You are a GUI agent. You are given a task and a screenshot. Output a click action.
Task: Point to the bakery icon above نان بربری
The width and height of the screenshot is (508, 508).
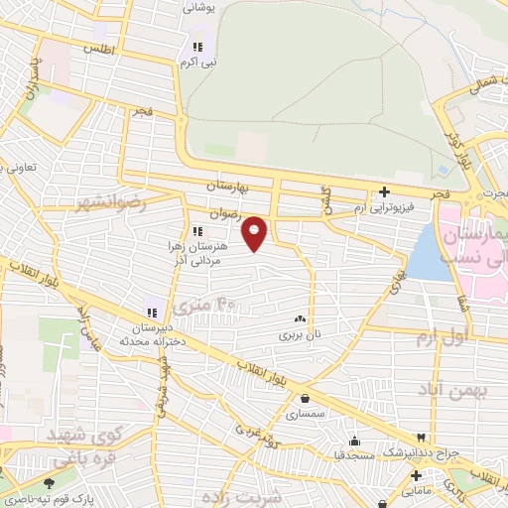click(x=300, y=319)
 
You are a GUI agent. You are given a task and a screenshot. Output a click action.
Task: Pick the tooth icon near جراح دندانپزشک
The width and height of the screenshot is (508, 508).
click(x=422, y=438)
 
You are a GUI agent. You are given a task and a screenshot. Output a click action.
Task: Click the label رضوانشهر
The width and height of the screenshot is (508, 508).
click(x=110, y=202)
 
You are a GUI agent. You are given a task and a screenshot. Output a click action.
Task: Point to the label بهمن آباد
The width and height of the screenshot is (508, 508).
click(x=454, y=390)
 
